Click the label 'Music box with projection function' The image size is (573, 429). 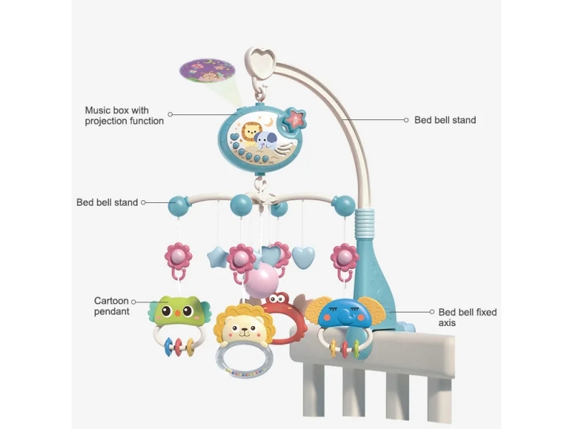pos(124,116)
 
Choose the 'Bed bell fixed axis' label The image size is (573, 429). pos(467,317)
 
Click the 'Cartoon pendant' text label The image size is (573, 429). pos(112,306)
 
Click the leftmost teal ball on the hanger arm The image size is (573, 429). pos(178,206)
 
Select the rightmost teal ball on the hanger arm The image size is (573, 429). pos(344,205)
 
